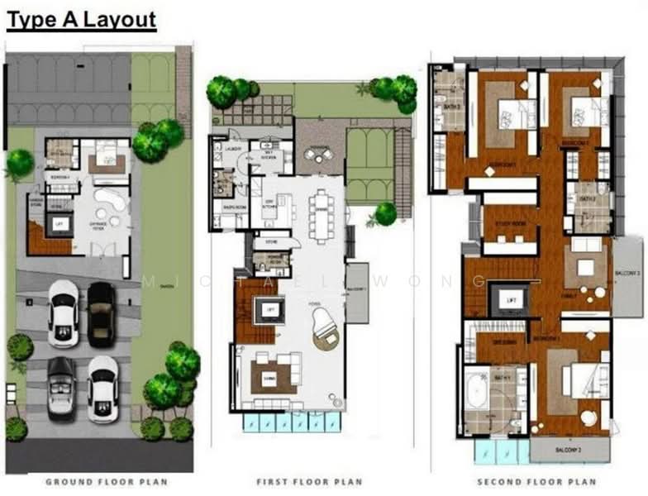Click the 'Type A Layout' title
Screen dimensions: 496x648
pyautogui.click(x=81, y=20)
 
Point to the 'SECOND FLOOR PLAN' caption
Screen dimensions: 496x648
pyautogui.click(x=536, y=481)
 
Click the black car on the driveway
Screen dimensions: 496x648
pyautogui.click(x=102, y=313)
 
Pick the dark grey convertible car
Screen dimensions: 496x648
pyautogui.click(x=62, y=388)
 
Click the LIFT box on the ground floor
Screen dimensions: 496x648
pyautogui.click(x=59, y=223)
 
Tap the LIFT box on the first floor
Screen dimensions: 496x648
pyautogui.click(x=269, y=309)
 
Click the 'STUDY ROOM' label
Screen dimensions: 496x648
pyautogui.click(x=511, y=223)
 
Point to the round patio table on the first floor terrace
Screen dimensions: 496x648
pyautogui.click(x=314, y=154)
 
